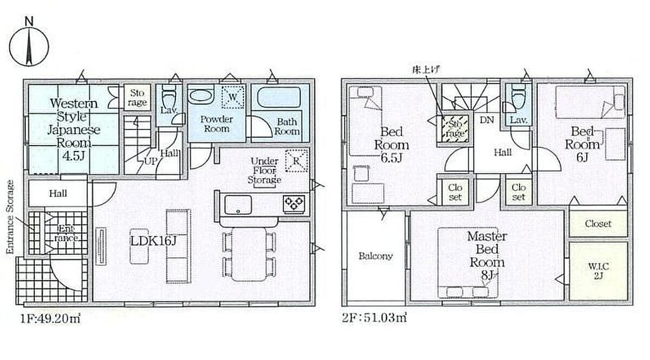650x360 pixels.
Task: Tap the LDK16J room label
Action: (x=153, y=241)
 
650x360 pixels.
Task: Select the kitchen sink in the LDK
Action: (x=238, y=205)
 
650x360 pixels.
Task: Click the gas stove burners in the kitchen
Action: (x=294, y=203)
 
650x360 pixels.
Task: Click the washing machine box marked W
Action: (x=233, y=97)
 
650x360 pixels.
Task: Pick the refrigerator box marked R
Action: (x=296, y=160)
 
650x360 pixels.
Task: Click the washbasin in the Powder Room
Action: (x=201, y=96)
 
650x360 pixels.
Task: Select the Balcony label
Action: (x=375, y=256)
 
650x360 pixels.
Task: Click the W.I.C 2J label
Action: (x=599, y=271)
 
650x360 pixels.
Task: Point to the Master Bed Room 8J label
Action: (x=487, y=256)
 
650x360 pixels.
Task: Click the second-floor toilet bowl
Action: (x=518, y=96)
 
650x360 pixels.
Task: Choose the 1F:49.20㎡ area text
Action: (x=50, y=318)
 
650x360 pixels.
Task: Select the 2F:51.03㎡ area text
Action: (x=374, y=318)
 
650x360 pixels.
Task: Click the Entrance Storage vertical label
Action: (x=10, y=217)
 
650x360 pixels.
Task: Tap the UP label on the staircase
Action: (x=151, y=161)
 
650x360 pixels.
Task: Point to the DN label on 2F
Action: (x=486, y=120)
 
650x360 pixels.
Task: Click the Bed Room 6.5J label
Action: (x=392, y=145)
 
